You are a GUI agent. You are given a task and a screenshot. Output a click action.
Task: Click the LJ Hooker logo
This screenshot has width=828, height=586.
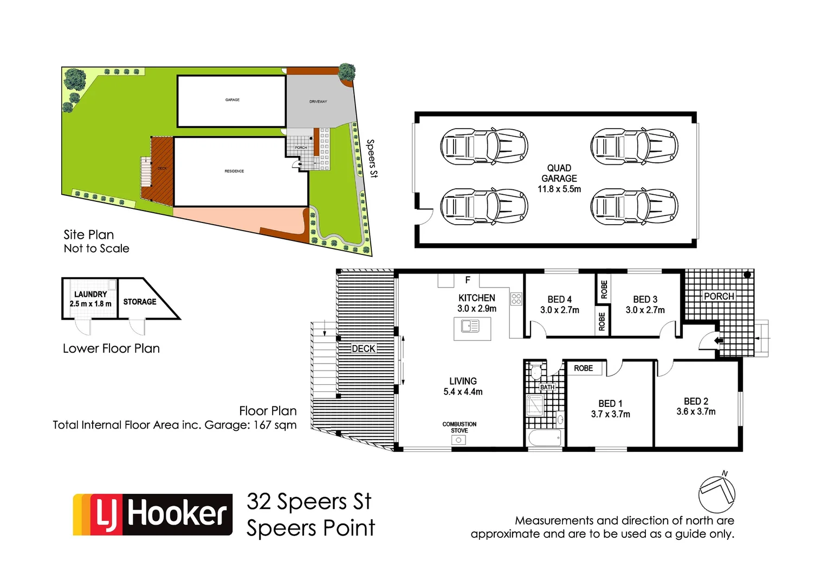153,514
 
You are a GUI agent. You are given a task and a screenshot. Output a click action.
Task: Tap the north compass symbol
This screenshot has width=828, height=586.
716,494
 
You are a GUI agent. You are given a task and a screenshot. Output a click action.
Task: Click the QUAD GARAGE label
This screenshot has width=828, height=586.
559,173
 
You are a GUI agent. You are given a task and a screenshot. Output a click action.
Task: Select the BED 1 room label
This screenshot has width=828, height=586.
610,404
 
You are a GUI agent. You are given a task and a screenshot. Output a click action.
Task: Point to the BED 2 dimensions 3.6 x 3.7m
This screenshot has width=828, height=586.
696,412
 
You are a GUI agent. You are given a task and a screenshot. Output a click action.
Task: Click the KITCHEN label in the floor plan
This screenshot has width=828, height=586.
476,298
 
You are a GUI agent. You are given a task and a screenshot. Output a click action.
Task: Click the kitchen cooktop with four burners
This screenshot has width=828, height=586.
516,299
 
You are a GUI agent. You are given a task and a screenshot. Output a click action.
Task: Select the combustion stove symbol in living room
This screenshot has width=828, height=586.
458,440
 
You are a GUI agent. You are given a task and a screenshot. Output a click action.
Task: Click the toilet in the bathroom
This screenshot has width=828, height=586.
536,372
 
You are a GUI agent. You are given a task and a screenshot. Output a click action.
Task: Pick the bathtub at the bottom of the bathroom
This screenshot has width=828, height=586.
545,438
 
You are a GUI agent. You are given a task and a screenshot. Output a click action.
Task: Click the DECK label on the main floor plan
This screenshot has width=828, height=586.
364,348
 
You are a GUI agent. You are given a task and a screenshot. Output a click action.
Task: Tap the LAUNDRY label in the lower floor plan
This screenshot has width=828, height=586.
90,294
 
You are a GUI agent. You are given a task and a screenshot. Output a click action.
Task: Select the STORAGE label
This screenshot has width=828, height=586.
139,302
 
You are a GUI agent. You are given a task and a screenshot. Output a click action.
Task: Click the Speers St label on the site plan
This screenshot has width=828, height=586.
372,158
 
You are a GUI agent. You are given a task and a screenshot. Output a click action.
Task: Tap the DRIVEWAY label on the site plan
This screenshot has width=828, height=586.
318,101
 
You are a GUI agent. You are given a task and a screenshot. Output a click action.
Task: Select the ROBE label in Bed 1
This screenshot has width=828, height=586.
583,368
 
